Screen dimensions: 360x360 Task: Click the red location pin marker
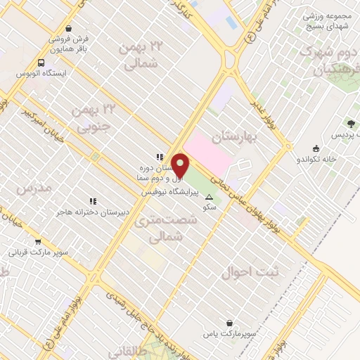(181, 165)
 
